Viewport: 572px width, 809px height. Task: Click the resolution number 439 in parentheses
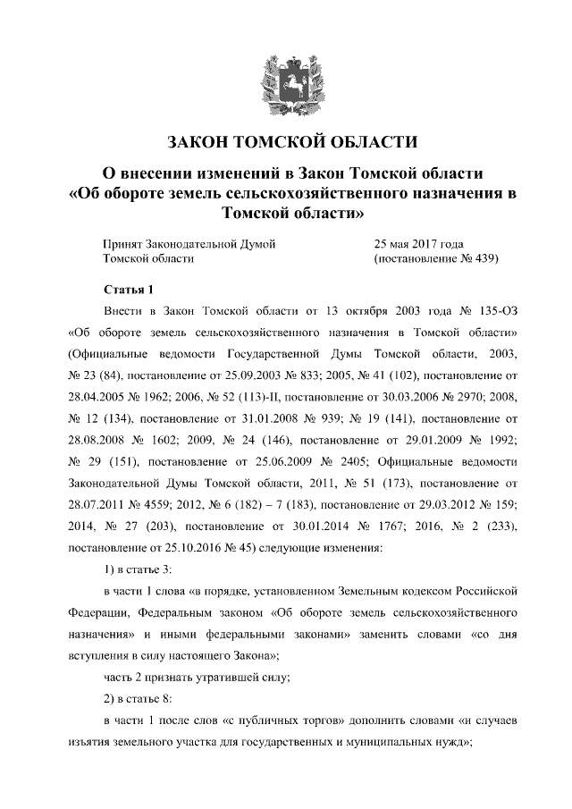pos(480,258)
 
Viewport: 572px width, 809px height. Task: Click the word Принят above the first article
pos(123,243)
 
